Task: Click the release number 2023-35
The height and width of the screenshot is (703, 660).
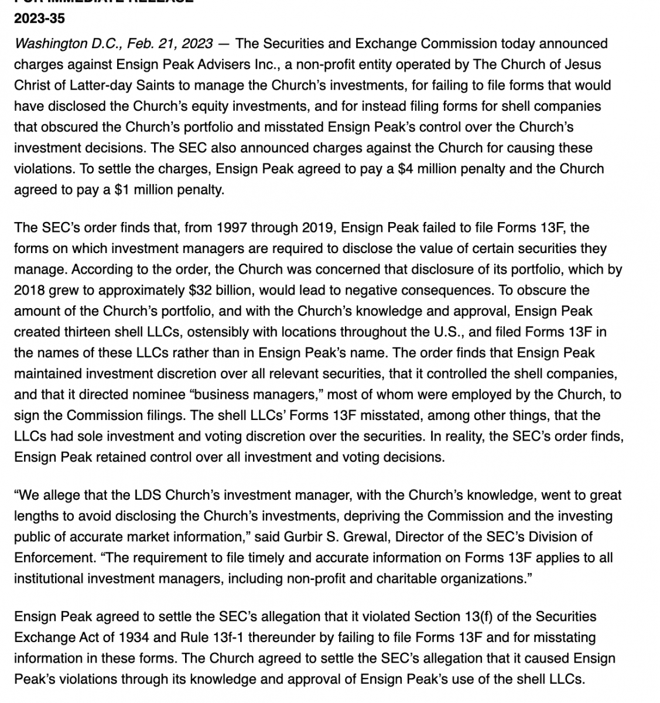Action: tap(39, 18)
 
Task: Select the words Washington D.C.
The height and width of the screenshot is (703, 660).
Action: tap(59, 43)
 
